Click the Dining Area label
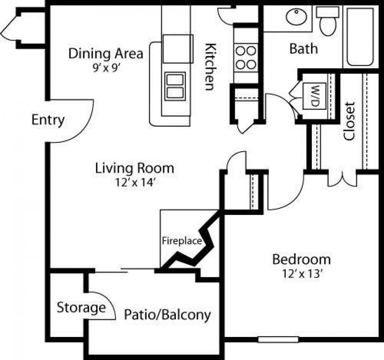[106, 53]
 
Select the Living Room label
[134, 168]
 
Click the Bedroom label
[301, 259]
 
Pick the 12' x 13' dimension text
[301, 274]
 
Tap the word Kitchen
[210, 66]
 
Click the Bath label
[303, 49]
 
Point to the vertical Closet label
[349, 121]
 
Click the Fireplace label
[182, 241]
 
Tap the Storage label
[81, 308]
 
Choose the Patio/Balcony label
[167, 315]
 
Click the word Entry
[48, 120]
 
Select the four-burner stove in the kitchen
[246, 58]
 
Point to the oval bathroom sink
[296, 17]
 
